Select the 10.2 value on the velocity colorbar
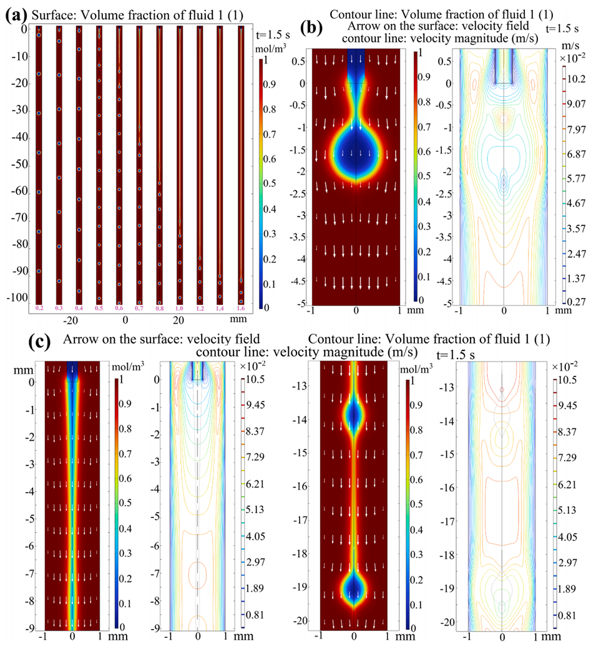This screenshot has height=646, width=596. point(579,79)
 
